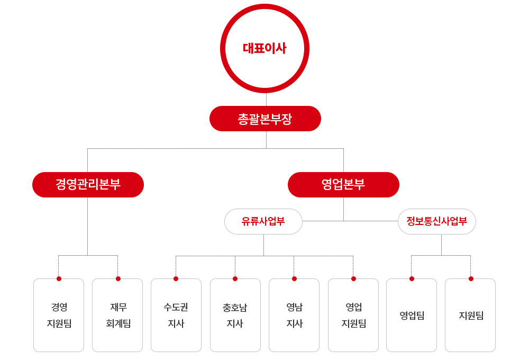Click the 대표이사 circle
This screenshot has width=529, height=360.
click(264, 7)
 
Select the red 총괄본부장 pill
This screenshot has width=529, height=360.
click(265, 119)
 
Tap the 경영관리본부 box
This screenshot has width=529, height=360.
click(88, 185)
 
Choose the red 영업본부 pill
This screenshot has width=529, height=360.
click(343, 185)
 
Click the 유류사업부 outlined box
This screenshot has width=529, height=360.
click(263, 221)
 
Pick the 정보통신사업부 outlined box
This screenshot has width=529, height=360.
click(437, 221)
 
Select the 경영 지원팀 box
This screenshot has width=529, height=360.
click(59, 315)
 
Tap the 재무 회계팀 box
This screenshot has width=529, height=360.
click(117, 315)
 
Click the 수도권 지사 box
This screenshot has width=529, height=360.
click(176, 315)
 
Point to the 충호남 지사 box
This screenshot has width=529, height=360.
click(235, 315)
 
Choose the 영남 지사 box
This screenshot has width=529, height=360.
click(294, 315)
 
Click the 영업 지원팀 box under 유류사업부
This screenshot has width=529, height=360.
click(353, 315)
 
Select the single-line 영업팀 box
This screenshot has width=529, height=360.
click(412, 315)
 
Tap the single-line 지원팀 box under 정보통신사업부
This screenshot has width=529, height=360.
click(470, 315)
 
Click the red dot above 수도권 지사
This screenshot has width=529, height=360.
click(176, 278)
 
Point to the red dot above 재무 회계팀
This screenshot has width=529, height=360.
click(118, 278)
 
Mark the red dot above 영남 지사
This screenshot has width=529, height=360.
click(294, 278)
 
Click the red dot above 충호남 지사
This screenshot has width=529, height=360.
click(235, 278)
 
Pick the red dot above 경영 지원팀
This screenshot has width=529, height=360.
click(59, 278)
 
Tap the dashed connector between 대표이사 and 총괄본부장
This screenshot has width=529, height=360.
click(266, 100)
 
